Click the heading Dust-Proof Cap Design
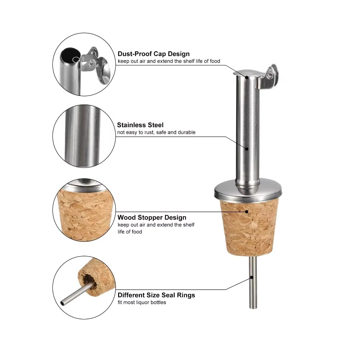point(154,54)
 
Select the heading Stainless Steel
point(140,125)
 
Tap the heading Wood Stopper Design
point(152,217)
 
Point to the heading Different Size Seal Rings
point(156,295)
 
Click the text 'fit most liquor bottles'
point(142,303)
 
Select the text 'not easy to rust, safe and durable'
point(156,132)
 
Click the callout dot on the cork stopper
point(247,212)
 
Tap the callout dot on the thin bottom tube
point(252,277)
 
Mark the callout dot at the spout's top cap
point(247,78)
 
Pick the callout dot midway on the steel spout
point(247,149)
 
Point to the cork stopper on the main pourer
point(249,227)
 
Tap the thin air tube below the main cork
point(253,282)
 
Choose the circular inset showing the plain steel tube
point(84,136)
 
